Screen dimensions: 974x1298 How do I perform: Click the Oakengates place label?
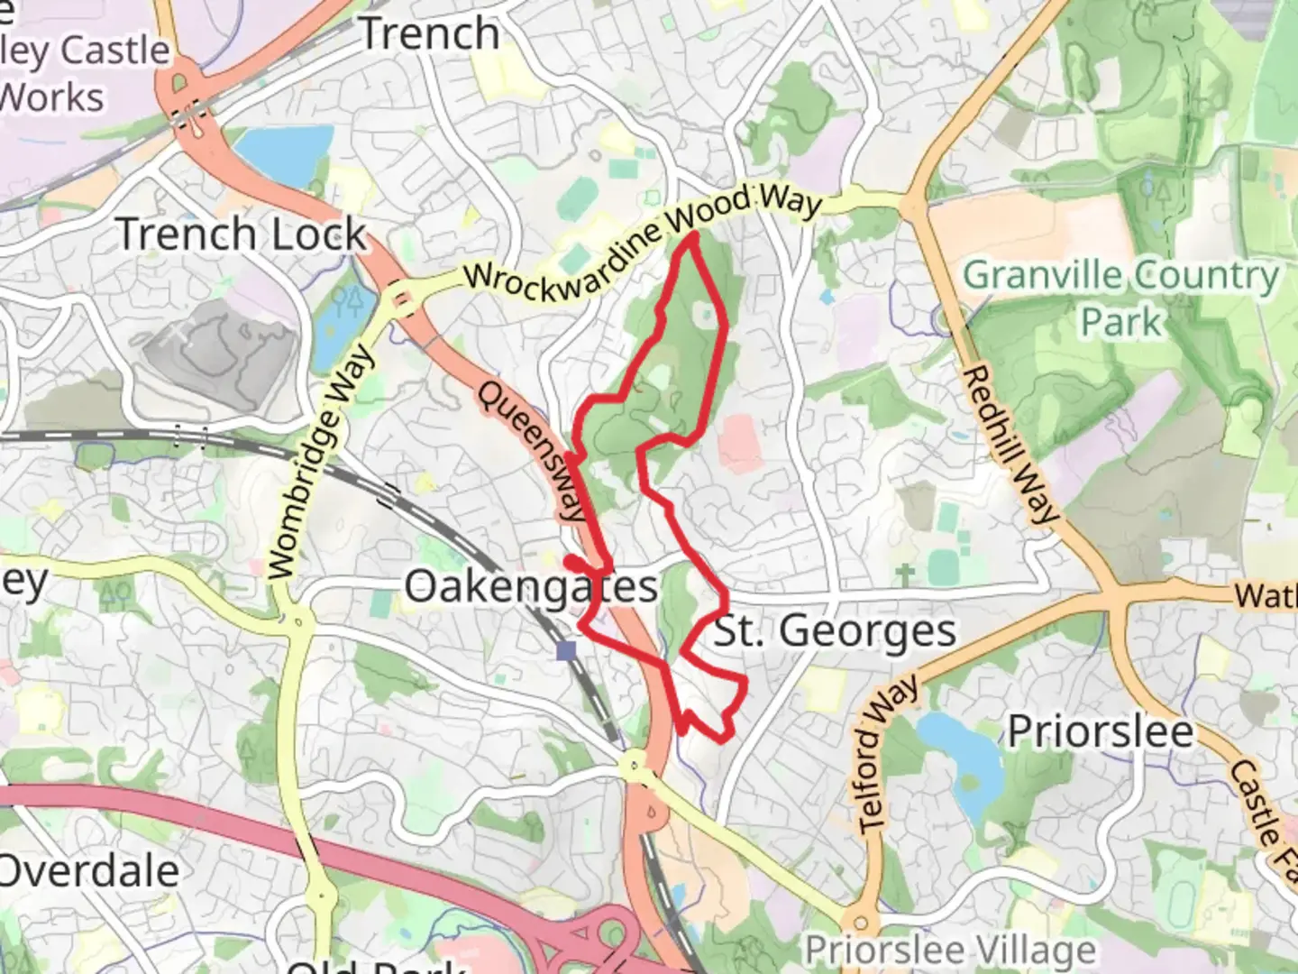pos(531,587)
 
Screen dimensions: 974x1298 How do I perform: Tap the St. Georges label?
pos(835,630)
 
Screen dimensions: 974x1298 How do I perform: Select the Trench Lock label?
pos(242,234)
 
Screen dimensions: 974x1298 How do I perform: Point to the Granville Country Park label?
pos(1121,297)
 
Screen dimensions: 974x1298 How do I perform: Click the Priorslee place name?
pos(1100,730)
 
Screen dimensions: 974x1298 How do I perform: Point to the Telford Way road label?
pos(887,754)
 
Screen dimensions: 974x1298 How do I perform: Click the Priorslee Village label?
pos(950,950)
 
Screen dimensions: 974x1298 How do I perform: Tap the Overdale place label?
pos(88,871)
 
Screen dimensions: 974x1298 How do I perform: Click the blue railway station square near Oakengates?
pos(566,650)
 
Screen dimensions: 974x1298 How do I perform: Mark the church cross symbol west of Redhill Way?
pos(906,574)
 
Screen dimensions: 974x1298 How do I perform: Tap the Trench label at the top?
pos(430,34)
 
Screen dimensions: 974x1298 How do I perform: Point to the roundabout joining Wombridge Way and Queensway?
pos(403,299)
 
